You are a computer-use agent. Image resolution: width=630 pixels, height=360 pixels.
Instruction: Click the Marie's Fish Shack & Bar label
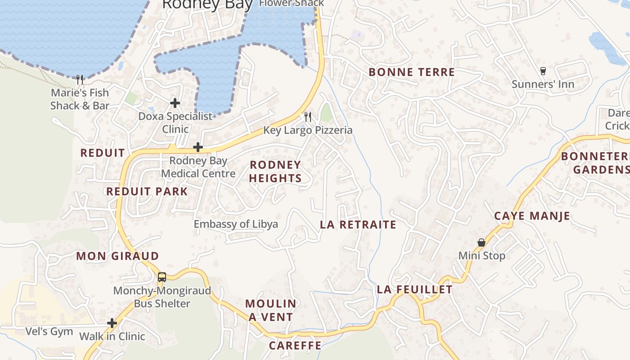tap(80, 99)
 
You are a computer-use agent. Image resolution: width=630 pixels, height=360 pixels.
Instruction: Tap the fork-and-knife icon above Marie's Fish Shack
tap(80, 80)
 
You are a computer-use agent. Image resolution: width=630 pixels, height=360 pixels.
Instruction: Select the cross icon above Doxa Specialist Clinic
tap(175, 103)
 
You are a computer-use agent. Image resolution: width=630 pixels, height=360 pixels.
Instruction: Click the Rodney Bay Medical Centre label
tap(198, 167)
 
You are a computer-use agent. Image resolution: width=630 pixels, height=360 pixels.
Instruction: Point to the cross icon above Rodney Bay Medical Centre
tap(198, 147)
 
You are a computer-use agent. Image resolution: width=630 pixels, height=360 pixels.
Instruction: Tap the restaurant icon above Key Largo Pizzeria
tap(308, 117)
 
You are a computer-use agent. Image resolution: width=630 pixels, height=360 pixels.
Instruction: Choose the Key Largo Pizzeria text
tap(308, 130)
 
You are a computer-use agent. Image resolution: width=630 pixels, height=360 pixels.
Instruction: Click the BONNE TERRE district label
tap(412, 72)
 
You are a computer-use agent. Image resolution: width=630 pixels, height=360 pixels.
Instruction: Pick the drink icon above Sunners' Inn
tap(543, 71)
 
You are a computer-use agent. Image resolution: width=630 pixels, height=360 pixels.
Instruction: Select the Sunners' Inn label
tap(543, 84)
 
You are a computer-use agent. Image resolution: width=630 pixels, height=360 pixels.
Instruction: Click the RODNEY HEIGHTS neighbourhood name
tap(275, 171)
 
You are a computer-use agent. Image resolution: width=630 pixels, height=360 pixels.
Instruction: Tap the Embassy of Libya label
tap(236, 224)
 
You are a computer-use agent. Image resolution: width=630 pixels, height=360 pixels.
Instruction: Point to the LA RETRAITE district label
tap(358, 225)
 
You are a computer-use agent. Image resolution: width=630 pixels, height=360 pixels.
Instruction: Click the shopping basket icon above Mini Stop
tap(481, 243)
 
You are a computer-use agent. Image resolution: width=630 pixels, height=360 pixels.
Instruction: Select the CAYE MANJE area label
tap(532, 216)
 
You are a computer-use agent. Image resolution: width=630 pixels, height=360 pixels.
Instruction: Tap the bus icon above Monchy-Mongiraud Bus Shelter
tap(162, 277)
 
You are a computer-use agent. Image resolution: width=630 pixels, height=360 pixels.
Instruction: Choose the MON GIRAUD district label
tap(117, 256)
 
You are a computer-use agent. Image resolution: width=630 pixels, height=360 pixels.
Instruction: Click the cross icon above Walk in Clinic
tap(112, 323)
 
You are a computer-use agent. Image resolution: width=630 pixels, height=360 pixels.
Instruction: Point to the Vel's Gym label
tap(49, 332)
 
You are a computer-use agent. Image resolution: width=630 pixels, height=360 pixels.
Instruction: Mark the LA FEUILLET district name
tap(415, 289)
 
